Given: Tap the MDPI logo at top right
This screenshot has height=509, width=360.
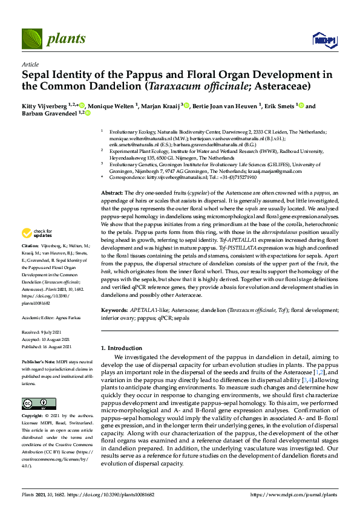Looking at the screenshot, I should tap(321, 40).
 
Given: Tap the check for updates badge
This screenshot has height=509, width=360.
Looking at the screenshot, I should tap(37, 233).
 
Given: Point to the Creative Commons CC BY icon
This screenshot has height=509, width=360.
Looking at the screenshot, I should tap(31, 403).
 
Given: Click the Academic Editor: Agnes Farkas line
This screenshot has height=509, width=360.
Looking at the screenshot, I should tap(49, 317).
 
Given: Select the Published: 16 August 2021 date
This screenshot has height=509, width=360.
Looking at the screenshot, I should tap(46, 346).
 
